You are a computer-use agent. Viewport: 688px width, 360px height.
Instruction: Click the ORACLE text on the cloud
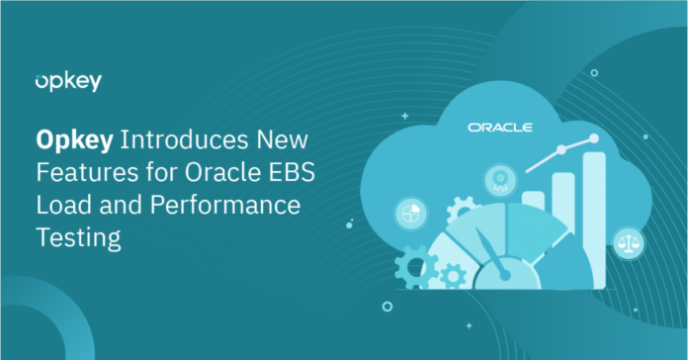pos(500,128)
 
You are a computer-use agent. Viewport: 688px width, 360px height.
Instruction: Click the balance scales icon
pos(625,239)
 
